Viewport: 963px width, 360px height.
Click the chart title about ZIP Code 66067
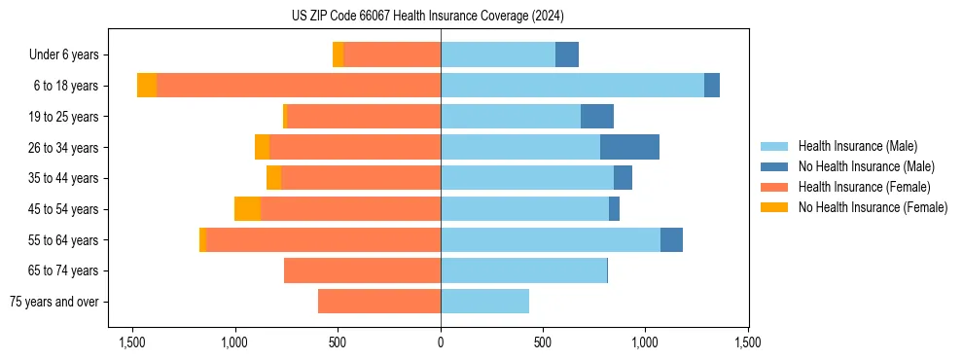[x=428, y=16]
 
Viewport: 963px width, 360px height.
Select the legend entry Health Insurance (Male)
[x=856, y=146]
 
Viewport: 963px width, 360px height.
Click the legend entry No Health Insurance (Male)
[x=866, y=166]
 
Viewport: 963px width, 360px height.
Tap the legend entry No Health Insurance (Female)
[x=873, y=207]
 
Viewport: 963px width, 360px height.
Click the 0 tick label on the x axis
[x=441, y=342]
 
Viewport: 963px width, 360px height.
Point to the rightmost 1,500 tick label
[x=748, y=342]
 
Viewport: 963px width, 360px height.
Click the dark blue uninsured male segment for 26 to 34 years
[x=629, y=147]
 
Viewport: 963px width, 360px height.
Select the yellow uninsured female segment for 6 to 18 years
[x=147, y=86]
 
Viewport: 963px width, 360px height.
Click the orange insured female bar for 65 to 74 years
[x=362, y=270]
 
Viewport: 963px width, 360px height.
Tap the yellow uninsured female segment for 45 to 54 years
[x=247, y=209]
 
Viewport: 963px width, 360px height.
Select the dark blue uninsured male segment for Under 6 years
[x=567, y=54]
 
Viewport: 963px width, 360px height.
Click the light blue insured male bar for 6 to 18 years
[x=572, y=86]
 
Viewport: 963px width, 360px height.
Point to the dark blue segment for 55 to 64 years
[x=671, y=239]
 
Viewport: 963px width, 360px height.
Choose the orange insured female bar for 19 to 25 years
[x=364, y=117]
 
